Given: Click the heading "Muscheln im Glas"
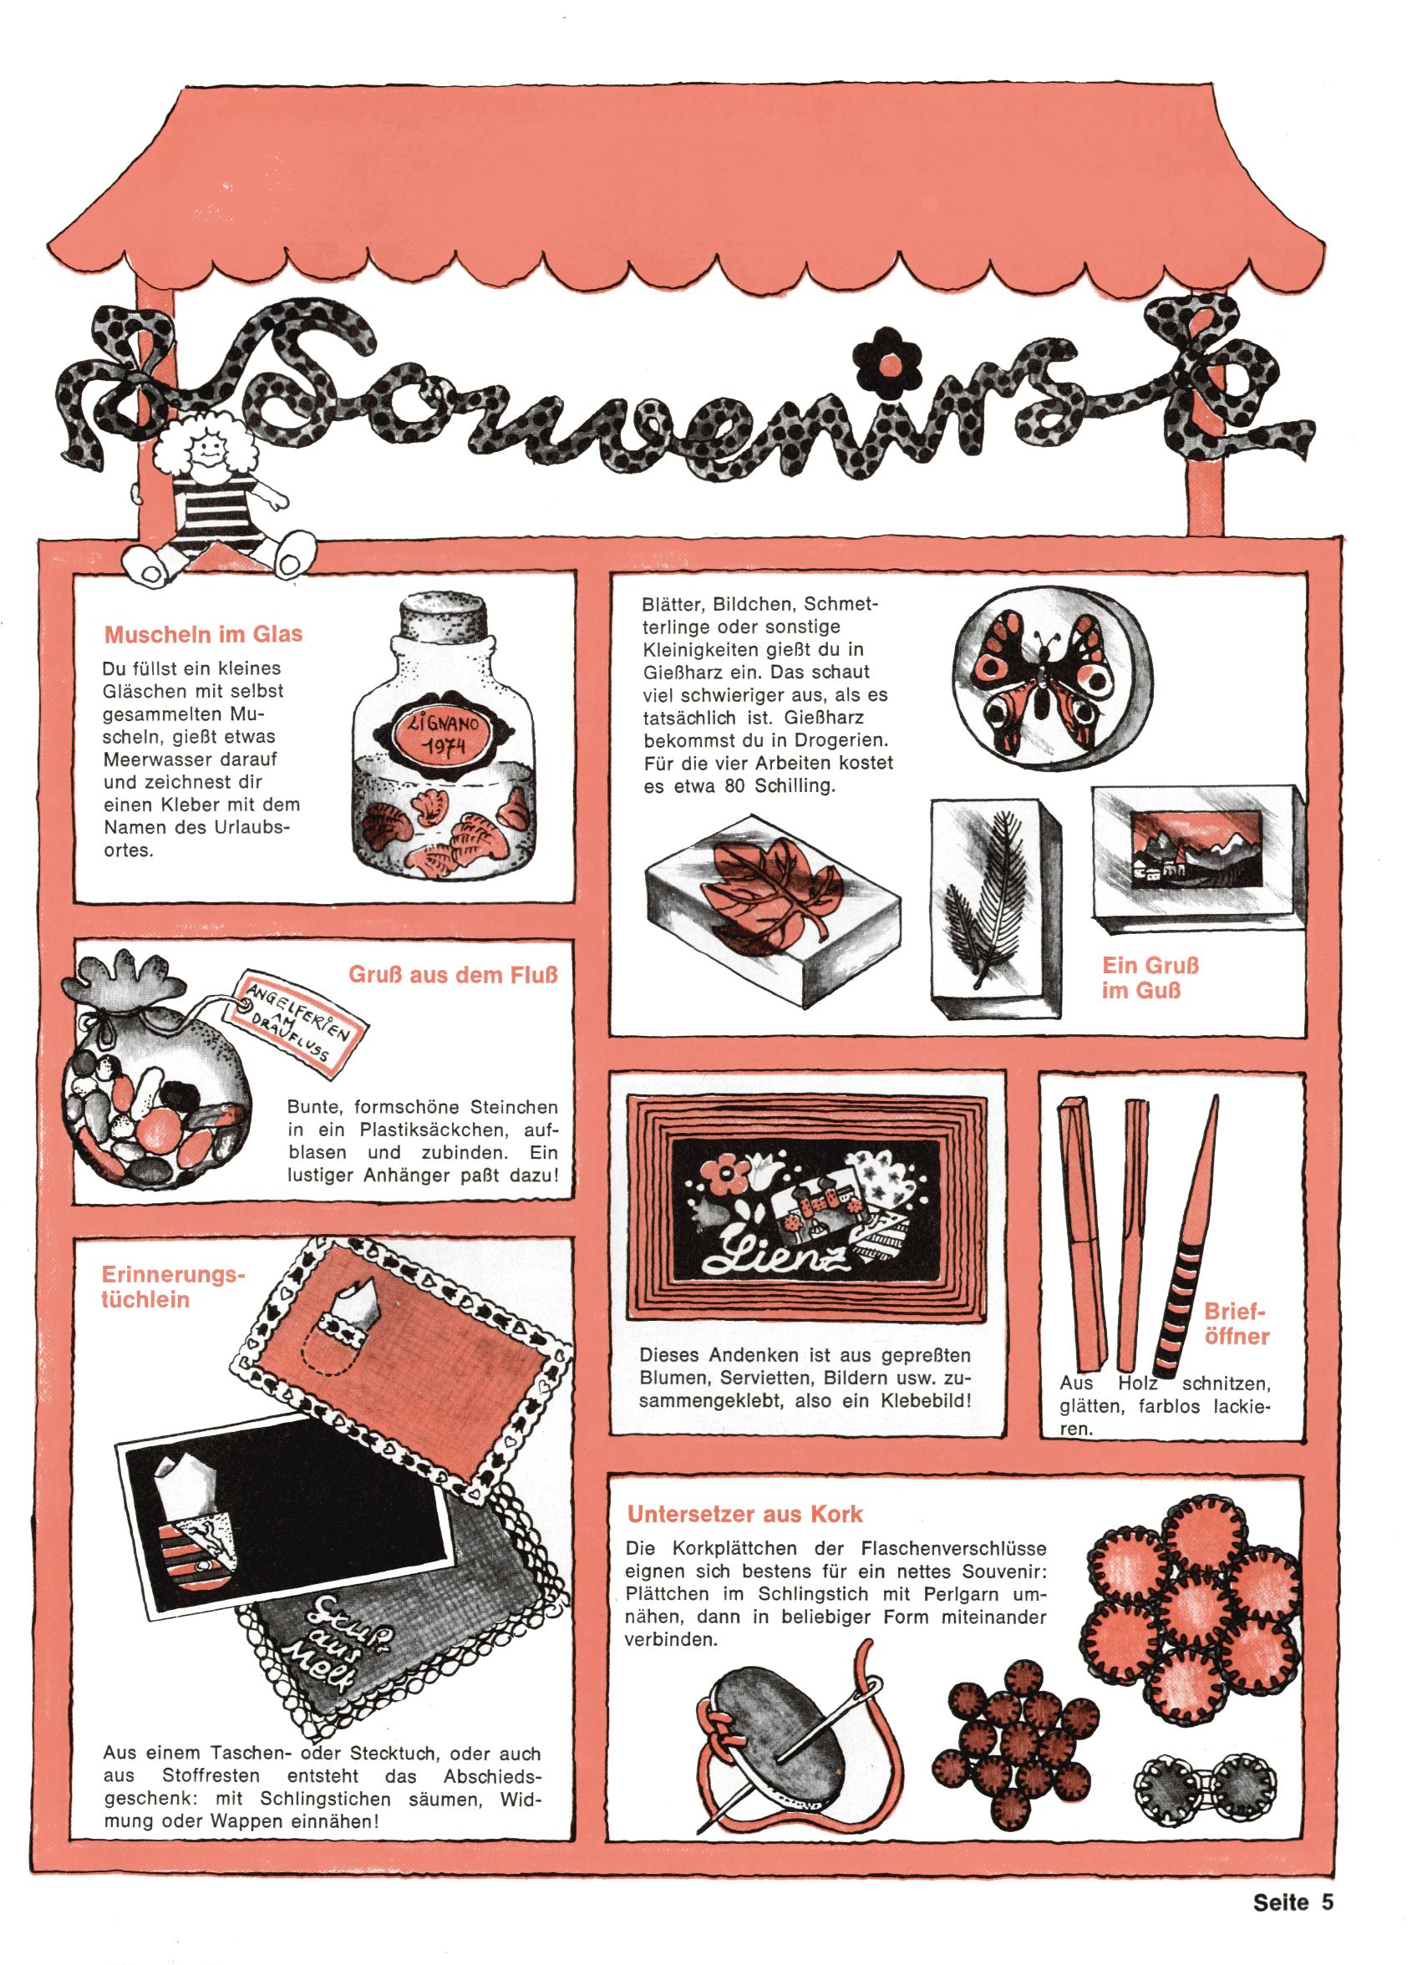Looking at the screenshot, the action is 203,634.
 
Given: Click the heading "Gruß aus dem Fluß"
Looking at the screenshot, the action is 454,975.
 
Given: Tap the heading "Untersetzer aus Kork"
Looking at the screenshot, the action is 745,1514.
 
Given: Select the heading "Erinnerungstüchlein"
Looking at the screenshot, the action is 173,1287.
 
